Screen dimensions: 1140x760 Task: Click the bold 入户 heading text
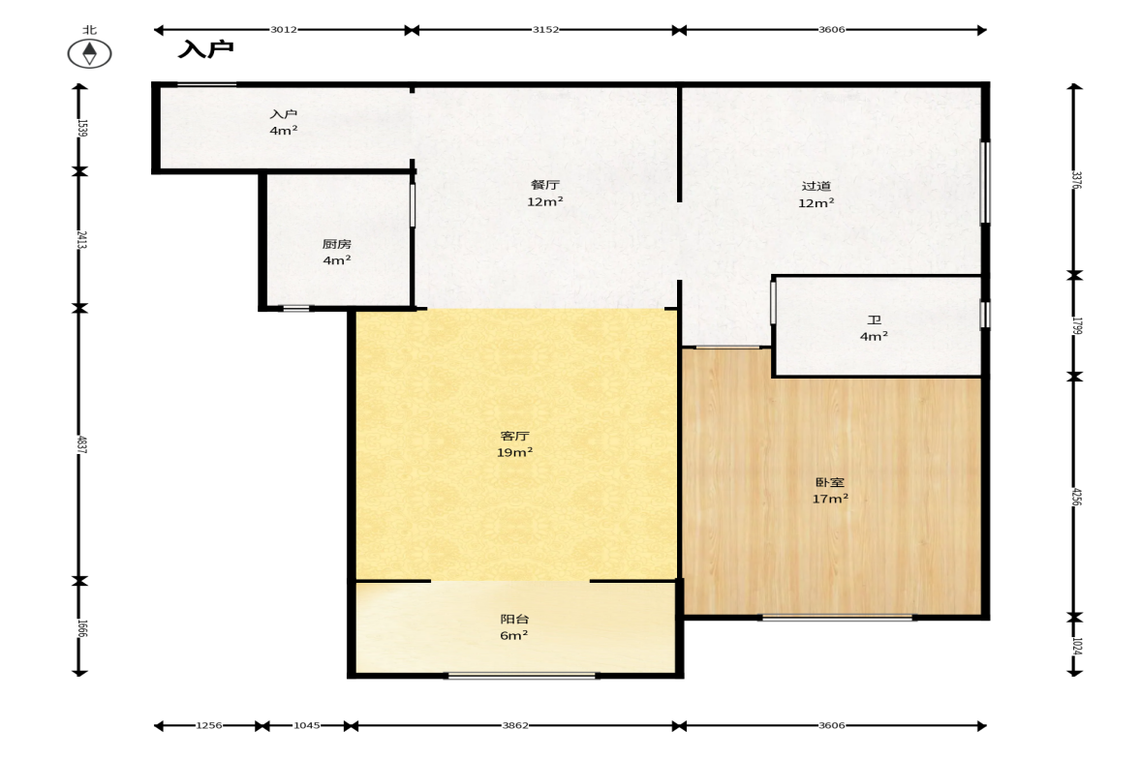click(206, 49)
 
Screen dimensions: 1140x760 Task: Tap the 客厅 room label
click(514, 436)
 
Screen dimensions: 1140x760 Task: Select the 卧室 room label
click(829, 482)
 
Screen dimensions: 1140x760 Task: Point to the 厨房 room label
click(337, 244)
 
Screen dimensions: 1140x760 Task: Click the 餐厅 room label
click(544, 185)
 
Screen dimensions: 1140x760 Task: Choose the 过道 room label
click(816, 186)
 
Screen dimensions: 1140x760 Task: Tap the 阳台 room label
click(514, 619)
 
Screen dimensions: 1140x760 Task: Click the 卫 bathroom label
click(874, 319)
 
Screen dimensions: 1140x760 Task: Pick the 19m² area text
click(514, 453)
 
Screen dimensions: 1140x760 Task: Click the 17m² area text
click(829, 500)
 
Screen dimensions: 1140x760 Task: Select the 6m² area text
click(514, 636)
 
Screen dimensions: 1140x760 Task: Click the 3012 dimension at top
click(284, 30)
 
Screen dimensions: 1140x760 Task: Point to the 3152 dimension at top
click(545, 30)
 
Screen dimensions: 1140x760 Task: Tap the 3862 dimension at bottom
click(515, 725)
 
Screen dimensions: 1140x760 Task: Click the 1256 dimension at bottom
click(208, 725)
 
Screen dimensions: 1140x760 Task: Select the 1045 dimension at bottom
click(307, 725)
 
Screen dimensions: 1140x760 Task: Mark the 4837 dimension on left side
click(81, 444)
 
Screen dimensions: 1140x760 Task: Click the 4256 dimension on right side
click(1076, 497)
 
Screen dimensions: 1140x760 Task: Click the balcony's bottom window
click(521, 676)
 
